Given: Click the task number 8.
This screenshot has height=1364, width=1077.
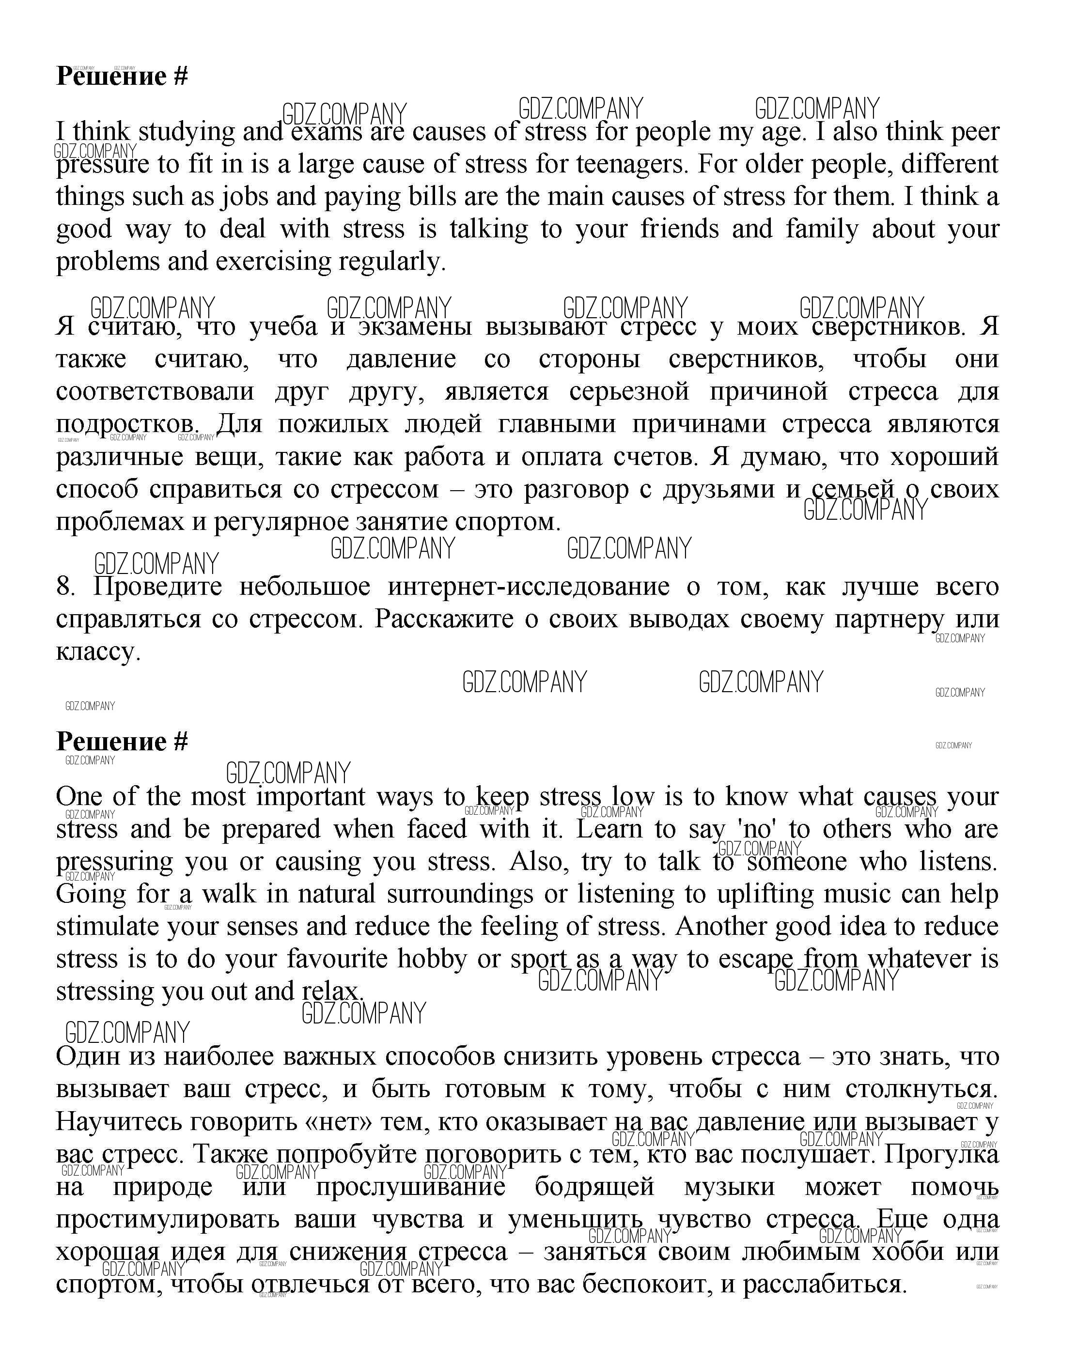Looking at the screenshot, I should (x=65, y=587).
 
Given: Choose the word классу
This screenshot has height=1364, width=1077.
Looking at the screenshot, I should (x=98, y=652).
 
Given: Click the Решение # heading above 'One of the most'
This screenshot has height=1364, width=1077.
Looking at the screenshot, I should (x=122, y=741).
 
